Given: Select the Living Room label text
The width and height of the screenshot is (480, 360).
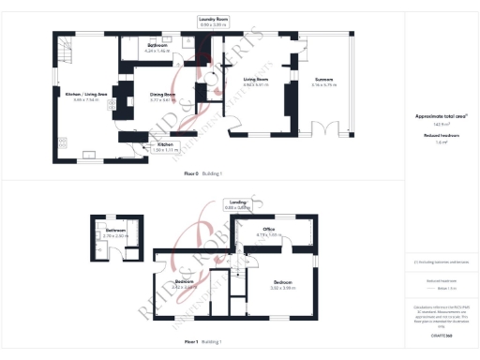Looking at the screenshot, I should pyautogui.click(x=256, y=82).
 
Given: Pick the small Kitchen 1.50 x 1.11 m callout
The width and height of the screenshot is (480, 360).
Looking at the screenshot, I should pyautogui.click(x=164, y=147).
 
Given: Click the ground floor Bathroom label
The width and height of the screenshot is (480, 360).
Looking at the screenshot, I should pyautogui.click(x=157, y=47).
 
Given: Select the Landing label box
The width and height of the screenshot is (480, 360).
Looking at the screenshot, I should pyautogui.click(x=238, y=204).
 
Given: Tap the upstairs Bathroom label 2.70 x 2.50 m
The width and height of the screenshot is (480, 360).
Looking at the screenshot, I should pyautogui.click(x=115, y=232).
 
